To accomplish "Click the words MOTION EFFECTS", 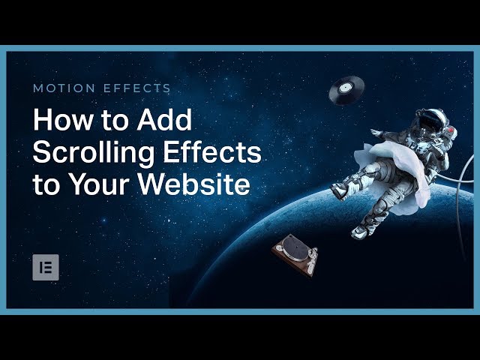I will [101, 88].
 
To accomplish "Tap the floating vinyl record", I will [346, 89].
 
